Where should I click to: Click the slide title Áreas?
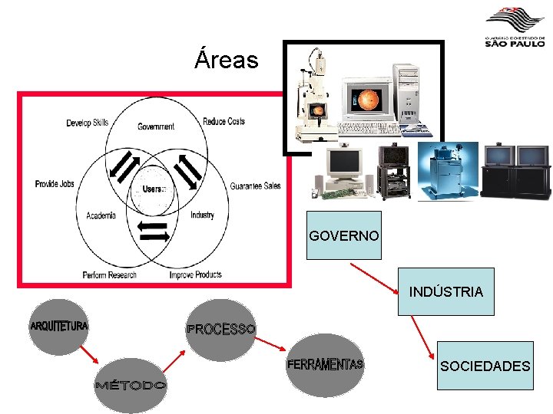pyautogui.click(x=227, y=59)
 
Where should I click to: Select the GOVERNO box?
pyautogui.click(x=343, y=235)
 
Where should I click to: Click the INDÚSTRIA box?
pyautogui.click(x=446, y=291)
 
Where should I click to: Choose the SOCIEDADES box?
pyautogui.click(x=485, y=366)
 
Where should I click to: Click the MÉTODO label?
pyautogui.click(x=130, y=384)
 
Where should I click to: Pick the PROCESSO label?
pyautogui.click(x=220, y=329)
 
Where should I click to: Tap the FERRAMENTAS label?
pyautogui.click(x=325, y=363)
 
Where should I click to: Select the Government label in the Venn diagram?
pyautogui.click(x=156, y=127)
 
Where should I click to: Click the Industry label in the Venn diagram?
pyautogui.click(x=202, y=215)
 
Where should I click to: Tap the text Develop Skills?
pyautogui.click(x=87, y=123)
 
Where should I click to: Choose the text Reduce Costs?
pyautogui.click(x=224, y=121)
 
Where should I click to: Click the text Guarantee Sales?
pyautogui.click(x=255, y=186)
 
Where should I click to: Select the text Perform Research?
pyautogui.click(x=109, y=274)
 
